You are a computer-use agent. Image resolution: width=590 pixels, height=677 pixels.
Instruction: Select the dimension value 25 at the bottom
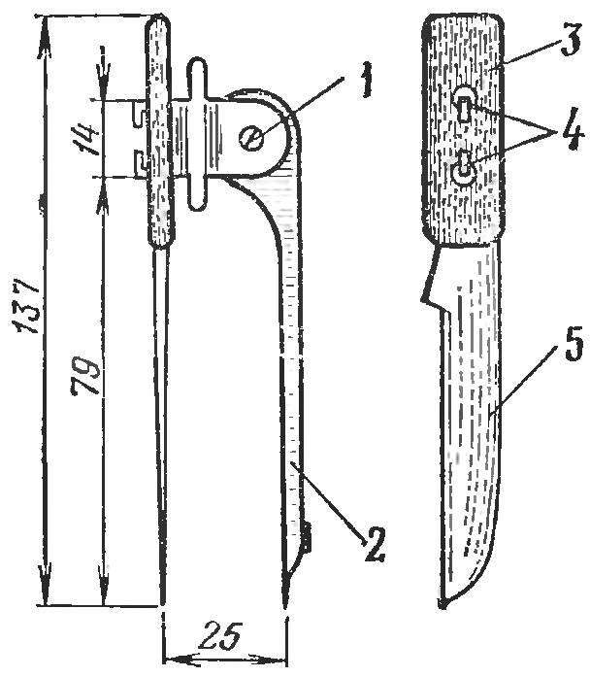coord(222,635)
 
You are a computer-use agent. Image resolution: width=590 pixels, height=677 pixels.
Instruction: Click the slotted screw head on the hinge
coord(250,139)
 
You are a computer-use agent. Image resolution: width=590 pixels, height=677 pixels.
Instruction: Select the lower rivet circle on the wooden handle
coord(463,171)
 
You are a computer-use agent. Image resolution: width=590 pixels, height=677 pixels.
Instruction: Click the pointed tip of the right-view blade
coord(441,605)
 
